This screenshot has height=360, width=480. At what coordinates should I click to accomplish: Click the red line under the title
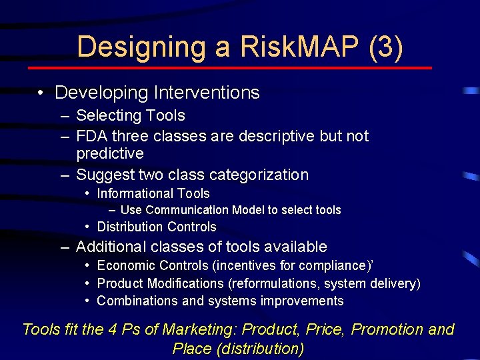coord(230,68)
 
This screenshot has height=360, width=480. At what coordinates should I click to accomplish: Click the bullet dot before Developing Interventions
coord(41,93)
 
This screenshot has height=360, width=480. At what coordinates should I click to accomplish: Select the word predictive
coord(110,153)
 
